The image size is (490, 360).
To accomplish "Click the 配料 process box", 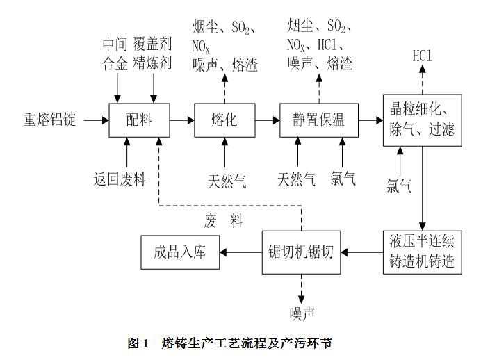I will pos(140,120).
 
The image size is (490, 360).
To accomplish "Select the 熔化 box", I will pos(224,120).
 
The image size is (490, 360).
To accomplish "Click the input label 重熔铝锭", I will pos(49,120).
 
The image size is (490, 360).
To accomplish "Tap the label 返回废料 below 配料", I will pos(120,179).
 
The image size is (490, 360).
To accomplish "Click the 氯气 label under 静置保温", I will pos(343,179).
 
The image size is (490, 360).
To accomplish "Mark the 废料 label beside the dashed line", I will pos(224,221).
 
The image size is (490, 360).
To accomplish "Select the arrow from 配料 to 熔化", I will pos(182,120).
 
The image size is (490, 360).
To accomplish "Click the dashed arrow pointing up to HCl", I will pos(422,78).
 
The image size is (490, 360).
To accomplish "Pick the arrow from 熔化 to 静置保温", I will pos(267,120).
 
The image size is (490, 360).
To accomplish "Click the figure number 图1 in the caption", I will pos(138,343).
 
